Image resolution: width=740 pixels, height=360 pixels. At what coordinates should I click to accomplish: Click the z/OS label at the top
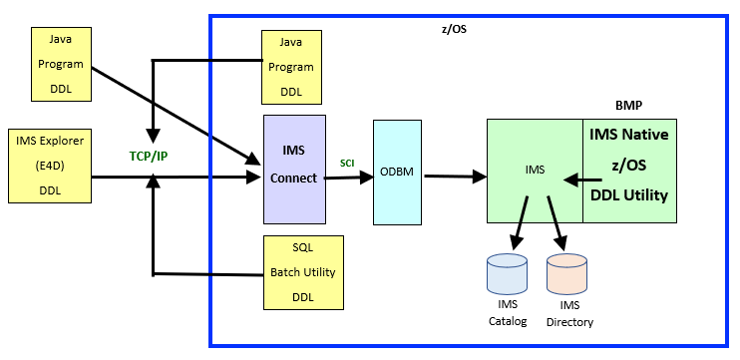coord(453,30)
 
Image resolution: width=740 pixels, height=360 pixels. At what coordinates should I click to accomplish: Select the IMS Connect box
coord(294,169)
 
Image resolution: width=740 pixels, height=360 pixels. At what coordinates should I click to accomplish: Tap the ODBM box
coord(397,172)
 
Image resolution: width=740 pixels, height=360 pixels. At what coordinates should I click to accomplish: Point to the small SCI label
coord(348,163)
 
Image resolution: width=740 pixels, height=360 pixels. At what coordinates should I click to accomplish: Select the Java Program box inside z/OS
coord(290,67)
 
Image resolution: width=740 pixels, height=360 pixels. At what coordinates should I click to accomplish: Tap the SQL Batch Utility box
coord(302,272)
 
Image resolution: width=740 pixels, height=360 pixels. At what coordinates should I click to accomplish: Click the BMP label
coord(629,106)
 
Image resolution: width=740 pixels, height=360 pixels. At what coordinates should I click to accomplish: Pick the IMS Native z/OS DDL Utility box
coord(628,170)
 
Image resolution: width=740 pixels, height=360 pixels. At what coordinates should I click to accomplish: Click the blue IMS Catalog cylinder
coord(507,273)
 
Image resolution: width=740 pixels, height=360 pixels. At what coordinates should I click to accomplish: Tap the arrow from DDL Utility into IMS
coord(572,180)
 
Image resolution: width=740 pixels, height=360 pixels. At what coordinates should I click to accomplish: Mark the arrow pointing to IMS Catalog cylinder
coord(519,223)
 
